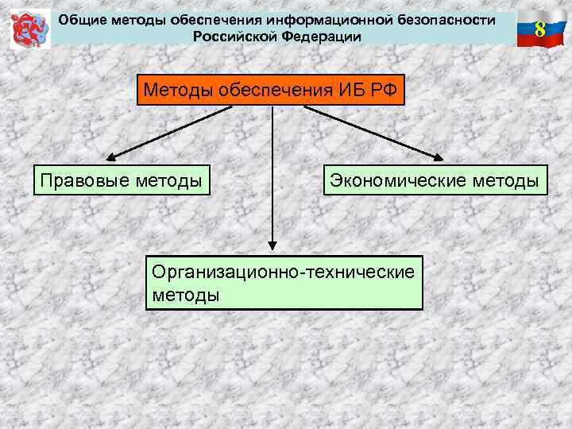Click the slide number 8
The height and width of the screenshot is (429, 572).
(539, 29)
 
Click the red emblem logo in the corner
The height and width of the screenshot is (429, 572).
(30, 30)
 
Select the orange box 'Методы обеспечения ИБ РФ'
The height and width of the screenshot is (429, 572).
(272, 90)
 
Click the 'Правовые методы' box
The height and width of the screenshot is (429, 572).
(120, 181)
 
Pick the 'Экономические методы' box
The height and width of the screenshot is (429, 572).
(435, 181)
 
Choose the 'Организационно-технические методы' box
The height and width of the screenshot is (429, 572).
(284, 282)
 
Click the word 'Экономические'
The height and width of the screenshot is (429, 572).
(400, 181)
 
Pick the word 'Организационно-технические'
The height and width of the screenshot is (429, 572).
(284, 272)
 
